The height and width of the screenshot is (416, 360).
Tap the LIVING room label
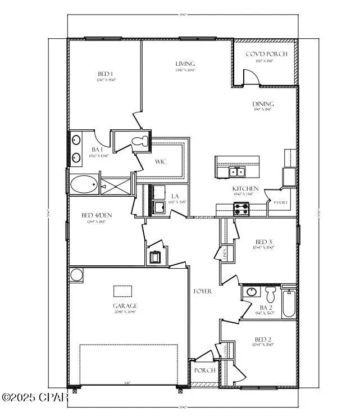point(185,64)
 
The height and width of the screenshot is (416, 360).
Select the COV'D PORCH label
point(266,54)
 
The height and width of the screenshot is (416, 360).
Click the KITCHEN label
point(245,188)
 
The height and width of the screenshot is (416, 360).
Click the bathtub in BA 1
point(84,184)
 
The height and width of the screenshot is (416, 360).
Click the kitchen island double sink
point(236,171)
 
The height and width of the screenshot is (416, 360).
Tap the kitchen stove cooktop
point(241,209)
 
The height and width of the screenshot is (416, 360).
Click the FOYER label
point(202,292)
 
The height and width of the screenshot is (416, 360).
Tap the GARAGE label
point(125,306)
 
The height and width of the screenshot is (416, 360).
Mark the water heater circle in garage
point(76,275)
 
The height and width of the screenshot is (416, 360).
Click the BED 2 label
point(263,340)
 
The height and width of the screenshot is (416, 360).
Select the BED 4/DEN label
point(94,215)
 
